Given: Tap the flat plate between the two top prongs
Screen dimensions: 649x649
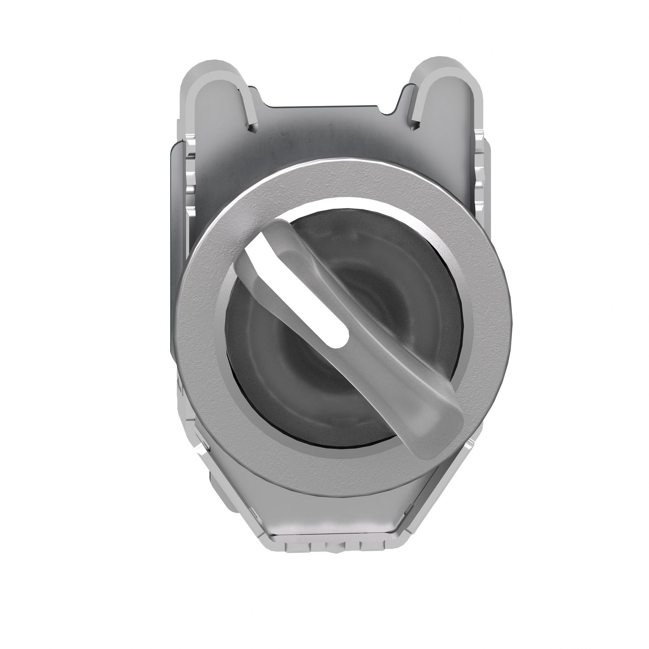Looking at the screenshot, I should pyautogui.click(x=324, y=130).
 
